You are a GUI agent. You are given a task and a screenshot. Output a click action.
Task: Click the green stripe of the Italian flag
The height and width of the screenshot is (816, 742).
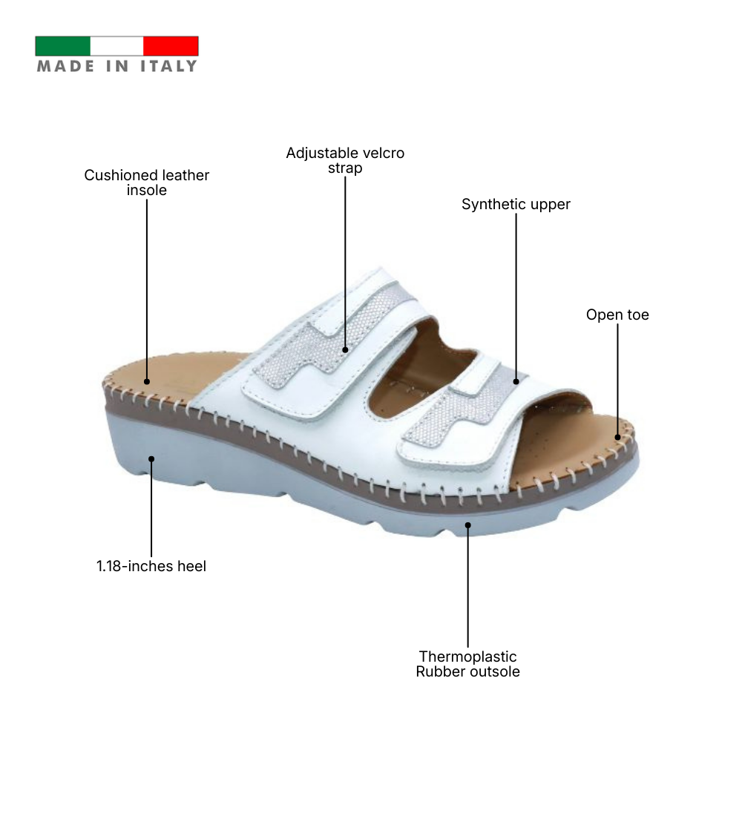[62, 46]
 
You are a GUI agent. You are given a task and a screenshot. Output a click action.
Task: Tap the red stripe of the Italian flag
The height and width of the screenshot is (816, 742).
[171, 46]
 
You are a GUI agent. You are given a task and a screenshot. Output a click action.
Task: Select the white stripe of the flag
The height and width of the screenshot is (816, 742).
[116, 46]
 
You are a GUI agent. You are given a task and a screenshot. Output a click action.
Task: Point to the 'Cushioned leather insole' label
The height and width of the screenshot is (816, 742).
[147, 182]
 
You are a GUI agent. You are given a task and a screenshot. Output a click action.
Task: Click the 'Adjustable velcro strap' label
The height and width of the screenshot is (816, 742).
[345, 160]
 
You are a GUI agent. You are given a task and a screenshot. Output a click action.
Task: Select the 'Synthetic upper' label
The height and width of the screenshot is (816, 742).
[516, 204]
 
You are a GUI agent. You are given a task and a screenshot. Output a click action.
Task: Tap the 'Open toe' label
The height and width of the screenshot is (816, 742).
[617, 315]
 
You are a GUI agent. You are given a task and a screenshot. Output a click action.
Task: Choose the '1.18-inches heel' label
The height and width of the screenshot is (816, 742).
[151, 566]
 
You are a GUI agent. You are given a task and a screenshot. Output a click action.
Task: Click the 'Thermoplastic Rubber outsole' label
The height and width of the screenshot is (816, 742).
[467, 664]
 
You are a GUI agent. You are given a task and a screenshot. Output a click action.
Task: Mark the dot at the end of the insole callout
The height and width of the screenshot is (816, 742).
[147, 382]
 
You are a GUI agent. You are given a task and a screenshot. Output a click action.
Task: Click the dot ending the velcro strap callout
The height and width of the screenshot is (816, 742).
[345, 349]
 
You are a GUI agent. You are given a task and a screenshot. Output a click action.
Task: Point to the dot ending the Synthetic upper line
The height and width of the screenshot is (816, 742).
[516, 381]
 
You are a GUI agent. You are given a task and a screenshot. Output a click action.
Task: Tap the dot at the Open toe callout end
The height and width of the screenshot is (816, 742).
[617, 438]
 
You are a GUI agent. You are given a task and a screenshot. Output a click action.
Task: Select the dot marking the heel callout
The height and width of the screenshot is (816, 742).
[151, 458]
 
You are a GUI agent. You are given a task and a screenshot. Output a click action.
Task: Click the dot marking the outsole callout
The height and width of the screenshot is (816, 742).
[467, 525]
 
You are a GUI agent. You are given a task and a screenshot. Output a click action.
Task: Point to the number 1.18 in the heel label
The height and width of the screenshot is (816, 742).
[111, 566]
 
